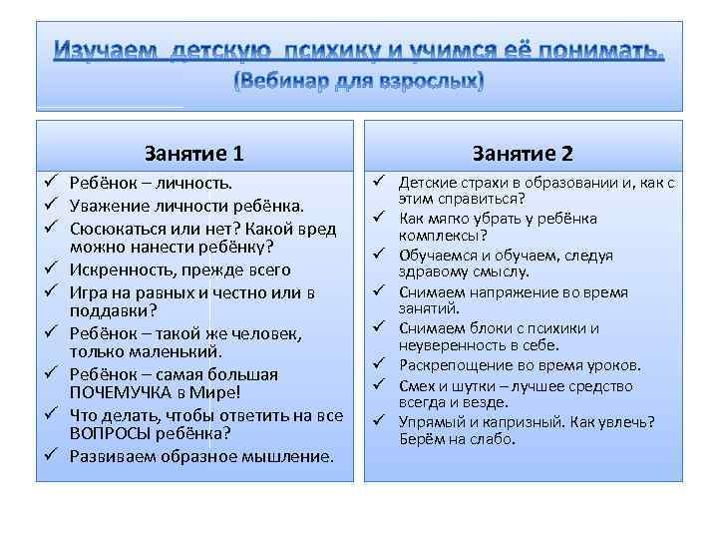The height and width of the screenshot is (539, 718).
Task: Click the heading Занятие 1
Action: click(x=194, y=153)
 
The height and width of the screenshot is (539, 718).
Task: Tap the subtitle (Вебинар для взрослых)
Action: click(x=359, y=80)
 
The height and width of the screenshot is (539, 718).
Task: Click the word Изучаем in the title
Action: click(x=106, y=50)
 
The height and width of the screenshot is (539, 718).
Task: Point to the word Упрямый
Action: click(x=430, y=421)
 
